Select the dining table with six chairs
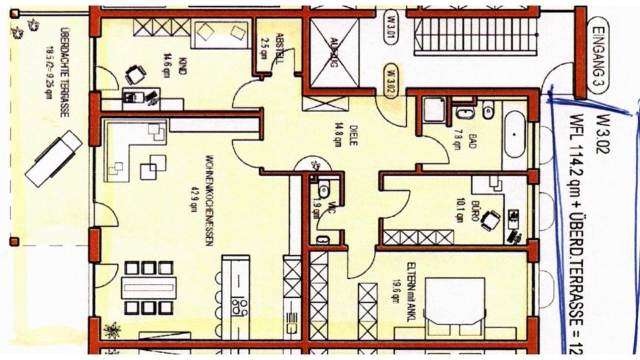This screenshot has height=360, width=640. (149, 289)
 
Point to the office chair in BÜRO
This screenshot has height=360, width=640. (491, 219)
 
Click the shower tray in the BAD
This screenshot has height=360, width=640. (434, 109)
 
